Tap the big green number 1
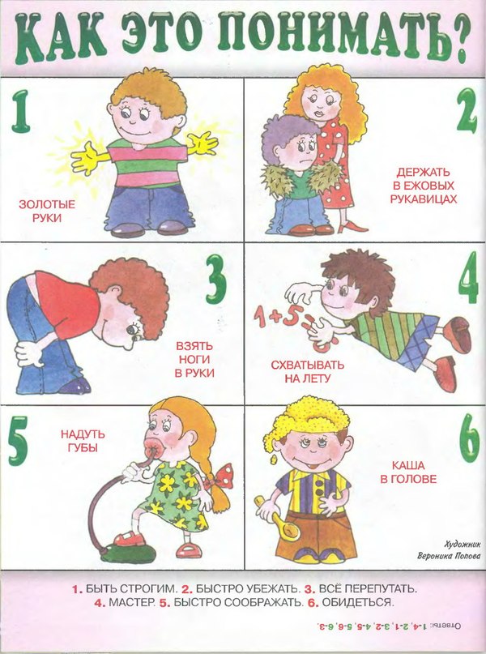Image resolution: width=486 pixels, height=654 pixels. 22,113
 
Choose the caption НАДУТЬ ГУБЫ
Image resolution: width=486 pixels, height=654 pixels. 83,440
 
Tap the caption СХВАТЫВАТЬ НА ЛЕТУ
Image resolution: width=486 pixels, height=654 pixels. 302,370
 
